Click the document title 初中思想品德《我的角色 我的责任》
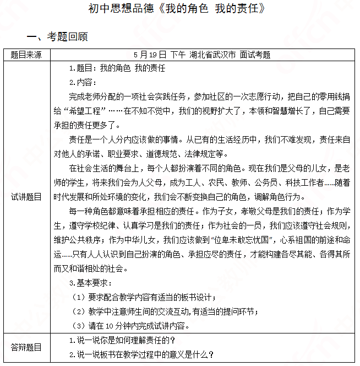[179, 9]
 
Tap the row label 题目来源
[26, 55]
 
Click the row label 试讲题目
[26, 197]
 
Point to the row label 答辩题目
[26, 347]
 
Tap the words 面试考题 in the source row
[255, 55]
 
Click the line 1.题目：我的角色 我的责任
[117, 68]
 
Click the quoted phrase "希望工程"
[84, 110]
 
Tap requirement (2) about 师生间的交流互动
[165, 311]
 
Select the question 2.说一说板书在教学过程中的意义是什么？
[141, 354]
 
